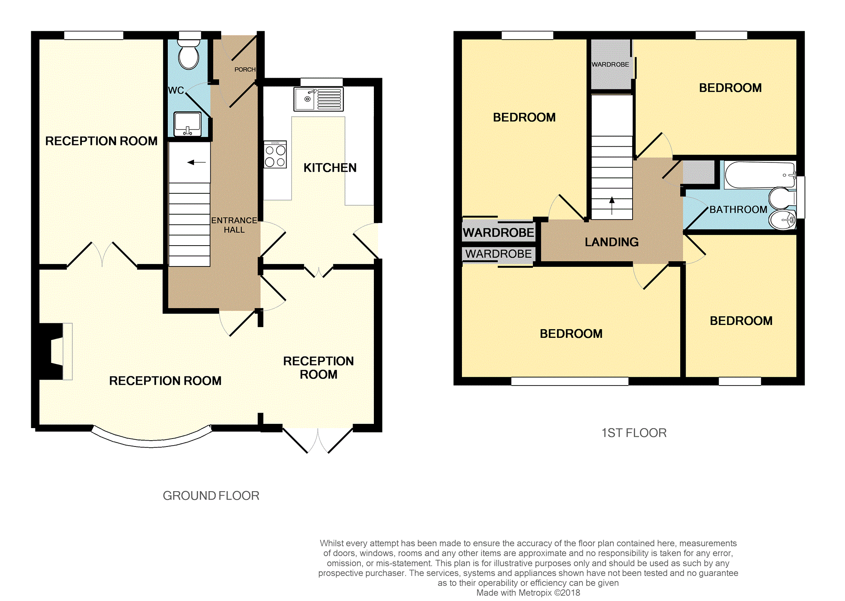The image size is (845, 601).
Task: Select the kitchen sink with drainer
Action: point(318,99)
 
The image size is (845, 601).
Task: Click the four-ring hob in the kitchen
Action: point(275,155)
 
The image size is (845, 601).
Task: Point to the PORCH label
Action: point(245,69)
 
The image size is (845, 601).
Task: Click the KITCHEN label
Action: point(330,168)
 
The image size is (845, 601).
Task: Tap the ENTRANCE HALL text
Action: point(234,225)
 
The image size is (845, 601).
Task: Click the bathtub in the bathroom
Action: point(759,175)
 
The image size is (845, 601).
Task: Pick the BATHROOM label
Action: point(738,210)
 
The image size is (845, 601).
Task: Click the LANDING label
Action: point(611,242)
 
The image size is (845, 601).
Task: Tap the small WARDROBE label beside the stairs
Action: point(610,65)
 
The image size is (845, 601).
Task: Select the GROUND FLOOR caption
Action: point(211,496)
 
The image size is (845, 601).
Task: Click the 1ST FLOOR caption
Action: point(633,433)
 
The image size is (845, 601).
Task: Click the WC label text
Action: point(176,90)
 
